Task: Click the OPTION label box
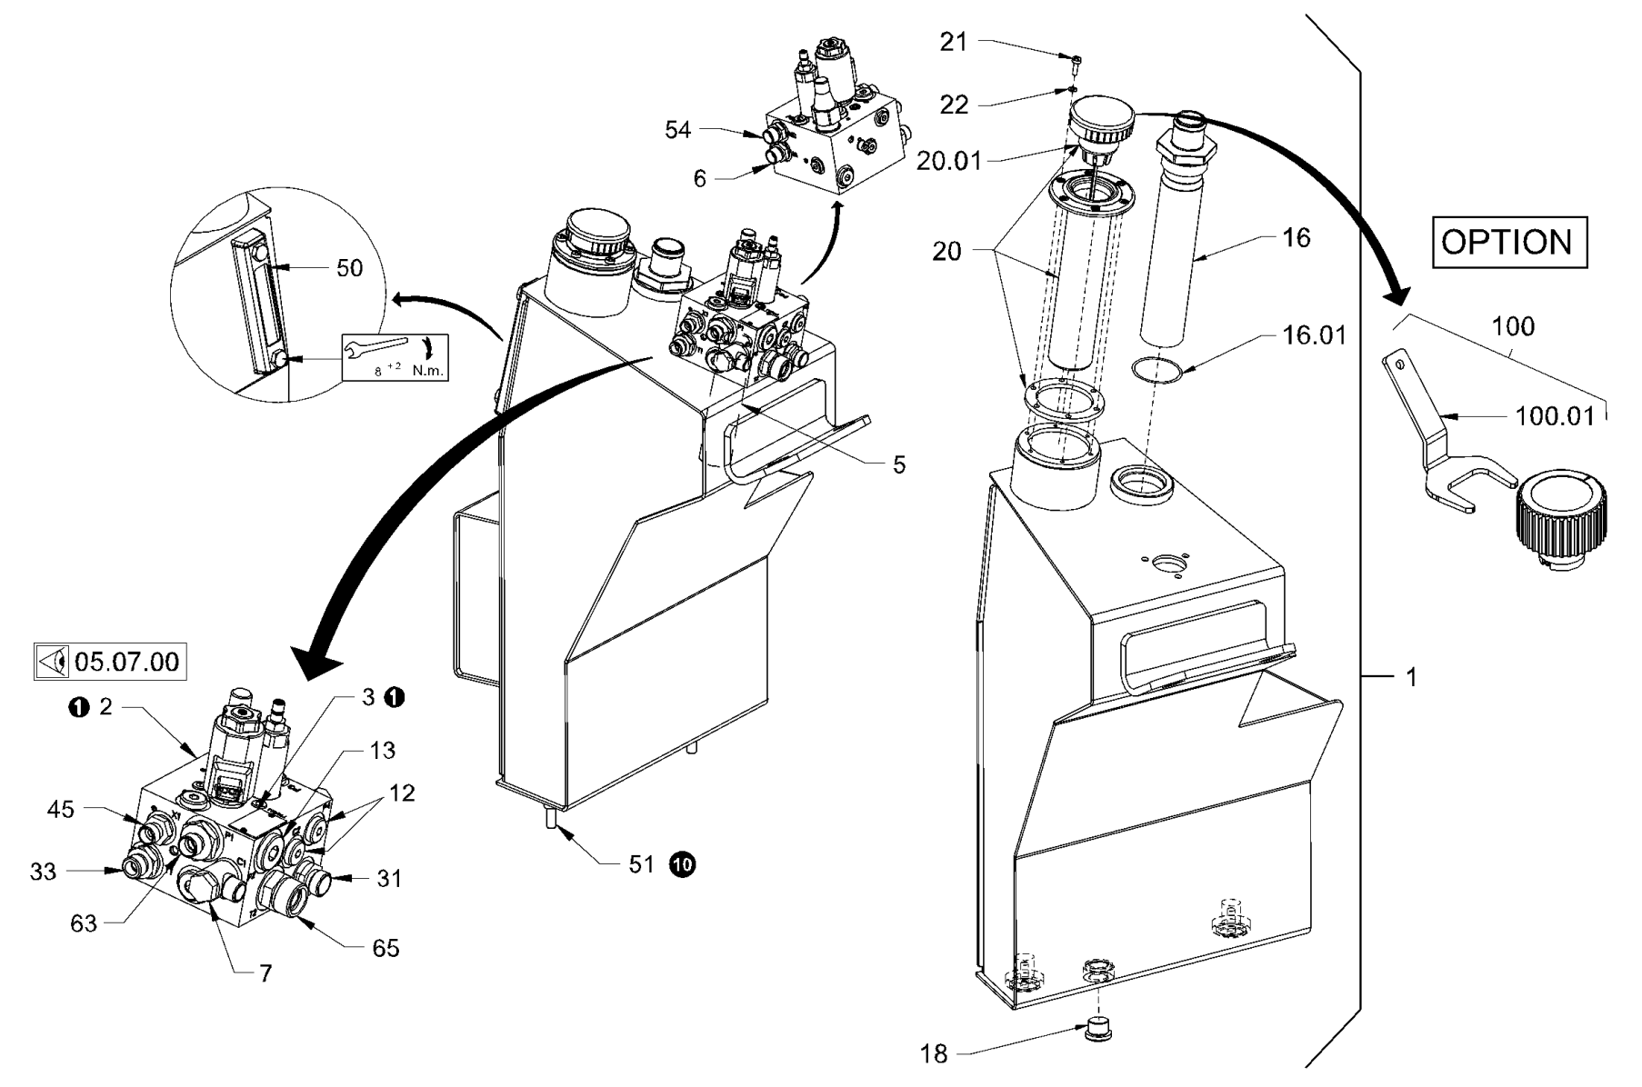click(1509, 242)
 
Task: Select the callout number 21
click(954, 42)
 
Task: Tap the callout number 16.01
click(1313, 335)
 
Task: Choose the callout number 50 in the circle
click(349, 268)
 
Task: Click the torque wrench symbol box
click(395, 356)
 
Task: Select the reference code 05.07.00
click(126, 661)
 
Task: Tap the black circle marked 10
click(682, 864)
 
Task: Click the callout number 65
click(385, 949)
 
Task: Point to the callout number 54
click(677, 130)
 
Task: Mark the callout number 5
click(898, 465)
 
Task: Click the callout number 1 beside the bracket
click(1411, 677)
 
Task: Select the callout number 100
click(1513, 326)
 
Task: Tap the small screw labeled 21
click(1076, 59)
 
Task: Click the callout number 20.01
click(948, 162)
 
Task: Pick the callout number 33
click(43, 872)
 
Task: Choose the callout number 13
click(383, 750)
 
